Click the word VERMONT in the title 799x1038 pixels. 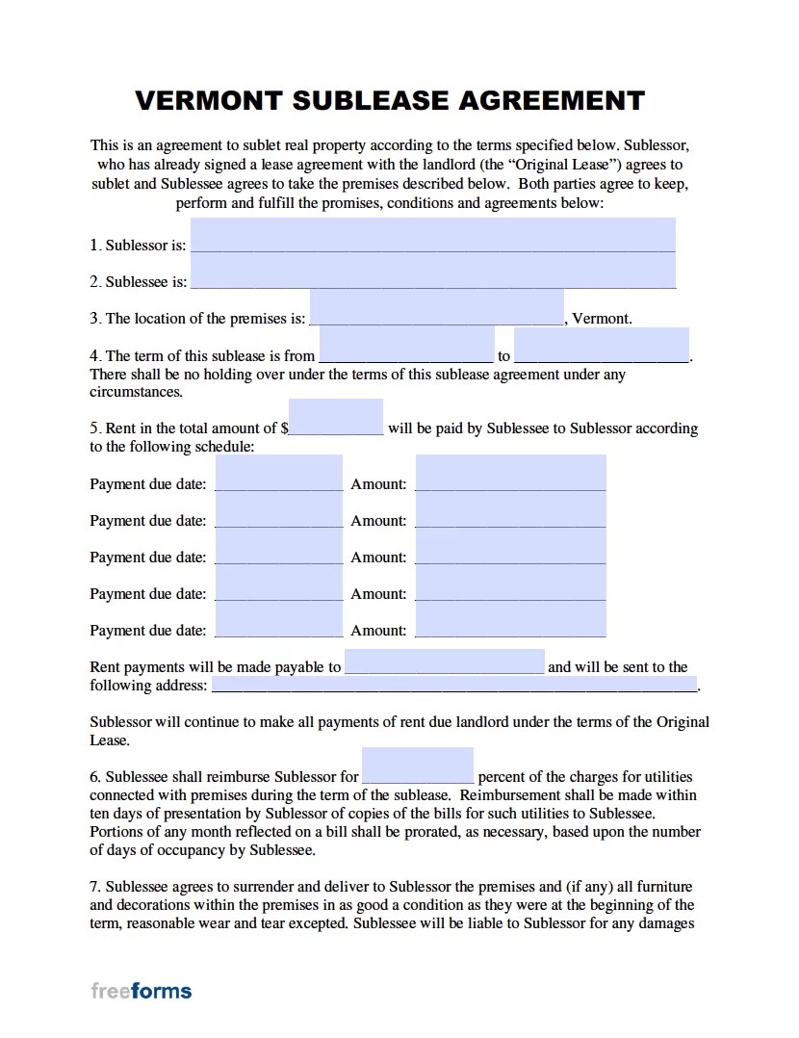pos(209,100)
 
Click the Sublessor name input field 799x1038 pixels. pos(432,236)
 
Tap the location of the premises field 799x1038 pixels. pos(436,309)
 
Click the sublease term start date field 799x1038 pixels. pos(406,346)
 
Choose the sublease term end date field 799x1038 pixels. pos(601,346)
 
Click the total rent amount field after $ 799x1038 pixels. pos(336,419)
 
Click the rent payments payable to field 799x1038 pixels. pos(444,662)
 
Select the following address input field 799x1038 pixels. pos(453,685)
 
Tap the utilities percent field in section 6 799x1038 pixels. pos(418,766)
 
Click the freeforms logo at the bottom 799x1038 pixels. pos(142,990)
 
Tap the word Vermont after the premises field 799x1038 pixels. pos(602,319)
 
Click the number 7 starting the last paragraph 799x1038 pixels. pos(94,887)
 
